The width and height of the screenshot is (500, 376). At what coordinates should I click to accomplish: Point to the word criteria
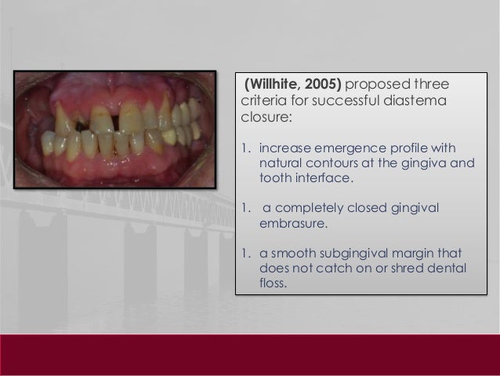pos(258,100)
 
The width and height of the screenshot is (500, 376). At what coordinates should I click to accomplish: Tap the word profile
pos(405,147)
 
